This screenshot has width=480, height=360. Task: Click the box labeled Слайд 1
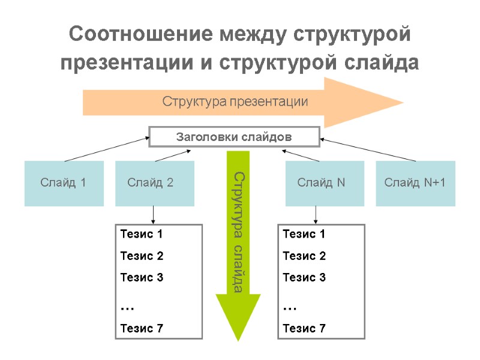[63, 183]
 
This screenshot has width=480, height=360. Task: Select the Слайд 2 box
[154, 183]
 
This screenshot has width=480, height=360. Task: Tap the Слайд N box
[321, 183]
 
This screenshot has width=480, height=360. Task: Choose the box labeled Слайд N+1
[415, 183]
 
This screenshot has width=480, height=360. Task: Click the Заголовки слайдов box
[234, 137]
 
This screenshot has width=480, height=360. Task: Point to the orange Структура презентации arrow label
[235, 101]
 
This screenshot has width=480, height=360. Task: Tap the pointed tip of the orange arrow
[401, 101]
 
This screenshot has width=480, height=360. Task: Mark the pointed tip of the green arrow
[238, 339]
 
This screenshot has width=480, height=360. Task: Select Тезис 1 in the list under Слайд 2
[142, 234]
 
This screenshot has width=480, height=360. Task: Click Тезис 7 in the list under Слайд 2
[142, 328]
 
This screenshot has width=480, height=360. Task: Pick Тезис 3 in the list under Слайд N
[304, 277]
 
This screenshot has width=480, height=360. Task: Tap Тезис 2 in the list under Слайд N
[304, 256]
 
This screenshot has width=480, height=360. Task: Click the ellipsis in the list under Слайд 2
[127, 307]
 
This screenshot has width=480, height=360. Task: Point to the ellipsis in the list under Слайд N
[290, 307]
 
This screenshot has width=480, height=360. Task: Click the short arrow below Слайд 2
[154, 215]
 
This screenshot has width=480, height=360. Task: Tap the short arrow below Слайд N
[316, 215]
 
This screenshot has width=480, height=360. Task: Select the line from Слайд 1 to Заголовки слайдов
[107, 149]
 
